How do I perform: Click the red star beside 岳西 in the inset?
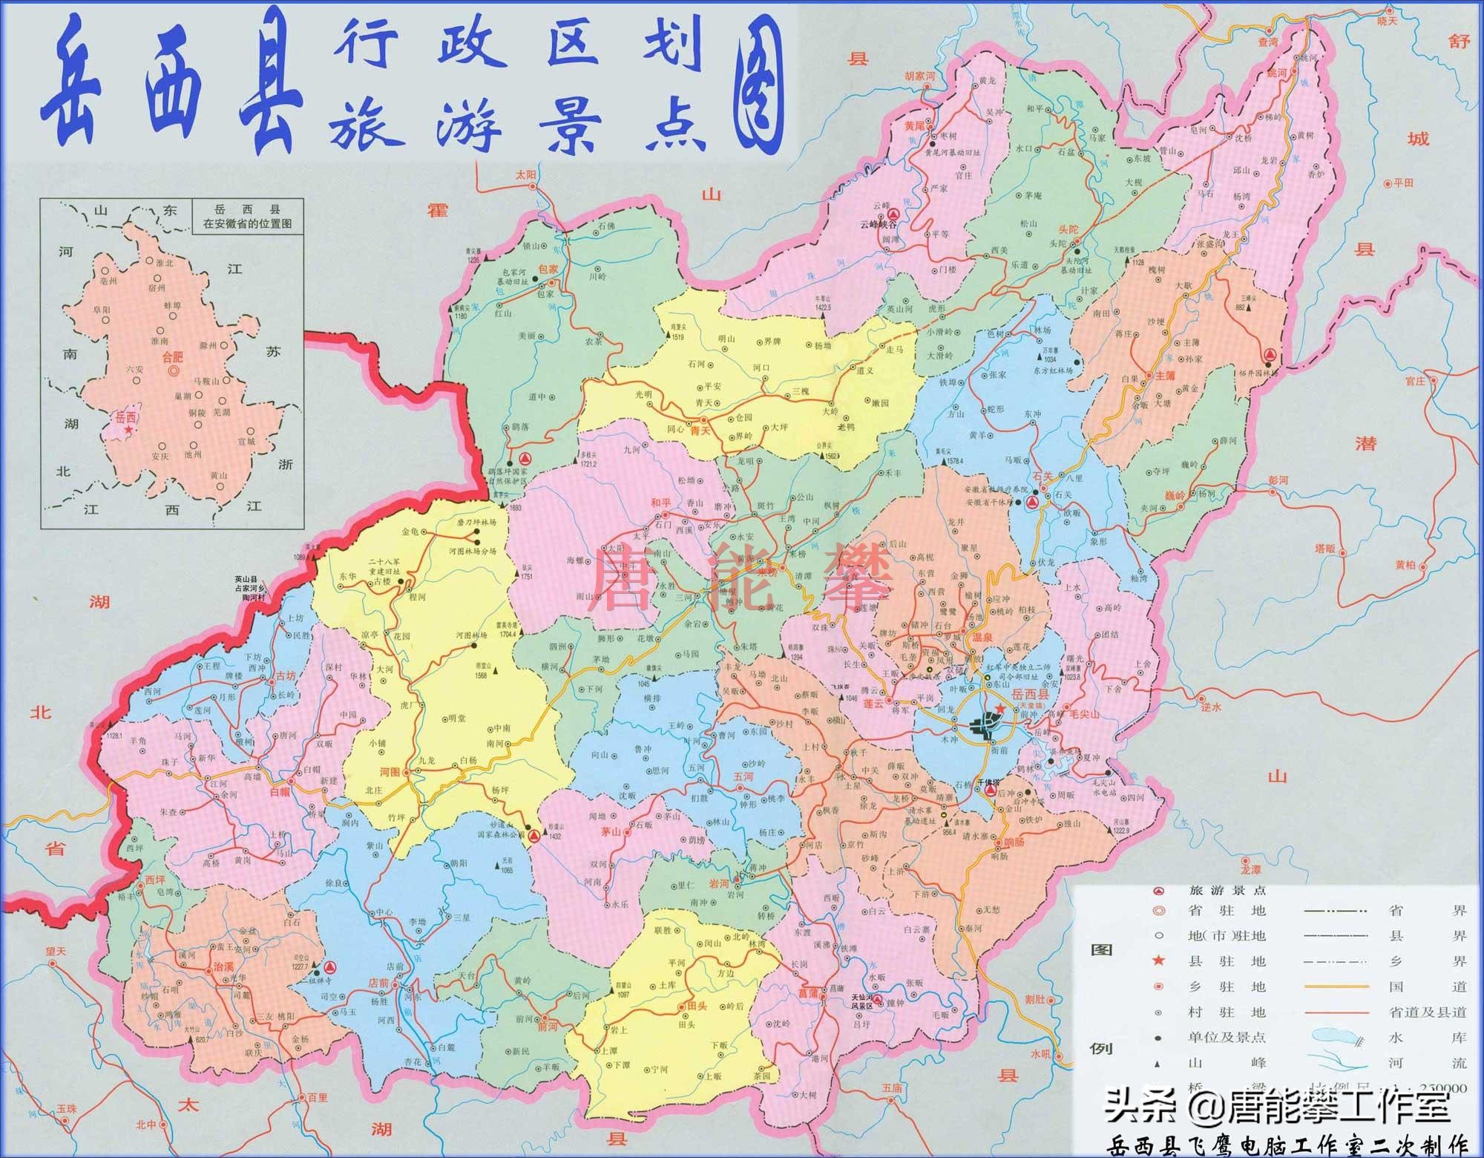129,430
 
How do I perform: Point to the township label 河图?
390,772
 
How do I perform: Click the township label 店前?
379,983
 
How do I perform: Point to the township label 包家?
547,269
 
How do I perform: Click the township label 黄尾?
914,126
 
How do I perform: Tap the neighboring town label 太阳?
525,176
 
